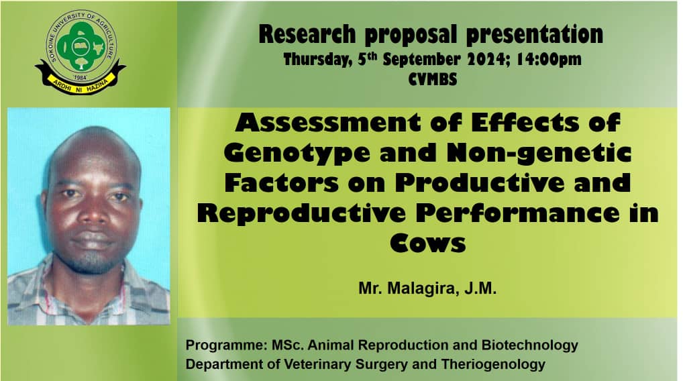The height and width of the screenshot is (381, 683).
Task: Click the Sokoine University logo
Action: [x=80, y=52]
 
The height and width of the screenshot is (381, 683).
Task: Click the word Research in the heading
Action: [x=307, y=34]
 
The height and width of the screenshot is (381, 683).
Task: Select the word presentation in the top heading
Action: [x=535, y=34]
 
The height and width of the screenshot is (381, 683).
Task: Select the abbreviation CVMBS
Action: [x=433, y=79]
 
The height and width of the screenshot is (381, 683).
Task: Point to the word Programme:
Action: [x=226, y=345]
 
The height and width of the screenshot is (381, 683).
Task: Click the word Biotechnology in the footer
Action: [x=529, y=345]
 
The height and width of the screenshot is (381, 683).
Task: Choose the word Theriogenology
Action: [x=493, y=364]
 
